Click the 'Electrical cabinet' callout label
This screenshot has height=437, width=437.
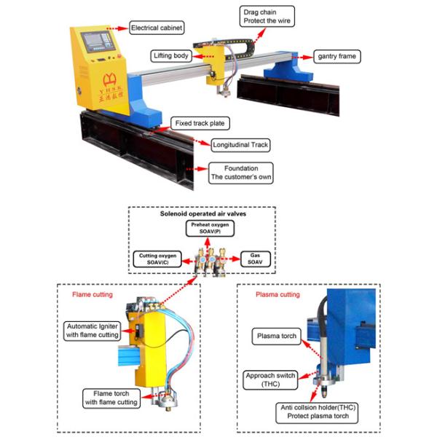(156, 28)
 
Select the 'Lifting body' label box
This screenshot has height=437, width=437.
(172, 56)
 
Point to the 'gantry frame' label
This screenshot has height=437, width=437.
(336, 56)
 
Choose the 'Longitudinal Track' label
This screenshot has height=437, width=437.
(240, 144)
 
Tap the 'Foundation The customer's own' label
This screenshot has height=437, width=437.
(240, 172)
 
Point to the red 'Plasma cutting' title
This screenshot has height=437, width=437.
(277, 295)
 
